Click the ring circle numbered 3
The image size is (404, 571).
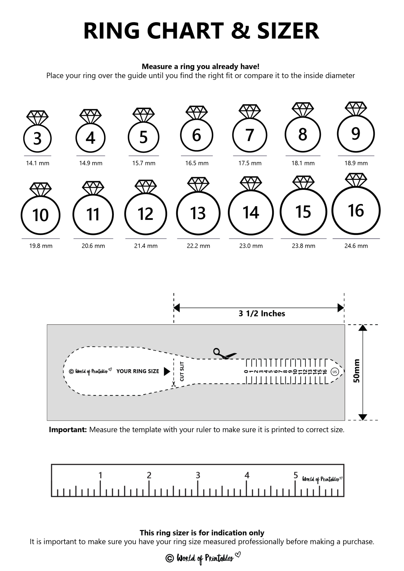(x=37, y=139)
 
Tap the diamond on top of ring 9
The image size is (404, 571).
(x=356, y=108)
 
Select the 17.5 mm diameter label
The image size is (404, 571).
(x=250, y=163)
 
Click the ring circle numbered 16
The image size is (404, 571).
(x=356, y=211)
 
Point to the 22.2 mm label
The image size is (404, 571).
(x=198, y=246)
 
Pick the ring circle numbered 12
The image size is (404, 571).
(x=145, y=214)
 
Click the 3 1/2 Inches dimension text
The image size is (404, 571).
(x=262, y=314)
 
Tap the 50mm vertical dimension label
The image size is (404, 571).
(x=357, y=371)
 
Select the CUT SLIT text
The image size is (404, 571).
(x=182, y=371)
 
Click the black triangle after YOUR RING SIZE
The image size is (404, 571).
(x=167, y=371)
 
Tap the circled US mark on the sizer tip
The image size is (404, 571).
(x=335, y=372)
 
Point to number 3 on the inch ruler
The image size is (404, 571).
(x=198, y=475)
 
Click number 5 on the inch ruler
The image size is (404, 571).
(x=296, y=475)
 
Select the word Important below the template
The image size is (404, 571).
(x=68, y=430)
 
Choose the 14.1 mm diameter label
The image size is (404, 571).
(x=38, y=163)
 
